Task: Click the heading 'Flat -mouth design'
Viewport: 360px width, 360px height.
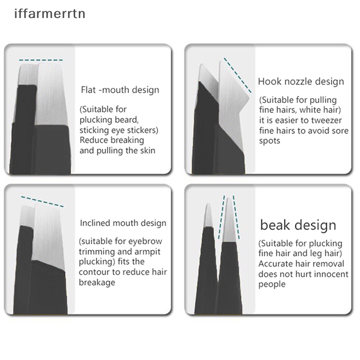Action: [x=120, y=90]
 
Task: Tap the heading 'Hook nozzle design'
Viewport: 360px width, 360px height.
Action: [x=301, y=81]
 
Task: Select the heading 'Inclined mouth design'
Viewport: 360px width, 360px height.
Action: [x=123, y=223]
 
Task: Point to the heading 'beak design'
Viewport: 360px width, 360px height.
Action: [x=298, y=225]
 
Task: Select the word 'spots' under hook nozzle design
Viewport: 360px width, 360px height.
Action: [x=270, y=141]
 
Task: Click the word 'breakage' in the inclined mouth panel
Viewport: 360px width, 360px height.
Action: [x=97, y=283]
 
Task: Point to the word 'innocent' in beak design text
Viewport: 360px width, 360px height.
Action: [x=330, y=274]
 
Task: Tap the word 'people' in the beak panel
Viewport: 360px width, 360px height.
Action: [x=272, y=284]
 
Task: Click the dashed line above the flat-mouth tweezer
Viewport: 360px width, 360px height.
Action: [x=41, y=60]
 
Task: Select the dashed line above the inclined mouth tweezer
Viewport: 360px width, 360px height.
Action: [x=42, y=201]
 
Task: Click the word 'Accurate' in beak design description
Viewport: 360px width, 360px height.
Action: [x=276, y=264]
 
